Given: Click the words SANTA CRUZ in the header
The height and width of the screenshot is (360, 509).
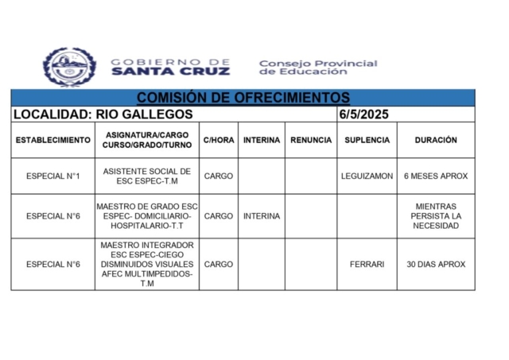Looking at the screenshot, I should pyautogui.click(x=170, y=71).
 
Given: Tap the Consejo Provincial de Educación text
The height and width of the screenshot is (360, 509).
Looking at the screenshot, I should pyautogui.click(x=317, y=67).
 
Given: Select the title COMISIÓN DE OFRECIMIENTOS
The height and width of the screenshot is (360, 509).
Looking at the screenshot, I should pyautogui.click(x=243, y=98).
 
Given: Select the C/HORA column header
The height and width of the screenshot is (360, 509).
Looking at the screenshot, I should pyautogui.click(x=219, y=140).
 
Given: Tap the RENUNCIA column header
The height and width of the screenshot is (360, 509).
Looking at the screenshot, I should pyautogui.click(x=311, y=140).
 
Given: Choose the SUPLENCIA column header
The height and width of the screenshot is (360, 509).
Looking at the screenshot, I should pyautogui.click(x=367, y=140).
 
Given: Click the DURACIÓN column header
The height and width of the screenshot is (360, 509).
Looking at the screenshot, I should pyautogui.click(x=436, y=140).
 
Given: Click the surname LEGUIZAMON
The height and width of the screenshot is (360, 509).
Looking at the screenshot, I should pyautogui.click(x=367, y=176).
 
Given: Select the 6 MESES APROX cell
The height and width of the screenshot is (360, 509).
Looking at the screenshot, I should pyautogui.click(x=436, y=176).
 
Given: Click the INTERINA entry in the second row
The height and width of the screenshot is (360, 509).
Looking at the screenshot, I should pyautogui.click(x=262, y=216).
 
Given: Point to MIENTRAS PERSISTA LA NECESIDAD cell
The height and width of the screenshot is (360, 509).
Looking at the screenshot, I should pyautogui.click(x=436, y=216).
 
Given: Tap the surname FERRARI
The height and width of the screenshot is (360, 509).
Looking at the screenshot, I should pyautogui.click(x=367, y=265).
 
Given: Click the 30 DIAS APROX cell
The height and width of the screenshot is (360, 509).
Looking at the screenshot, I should pyautogui.click(x=436, y=265).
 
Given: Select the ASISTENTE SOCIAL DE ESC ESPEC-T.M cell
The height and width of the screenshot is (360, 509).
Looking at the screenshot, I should pyautogui.click(x=147, y=176).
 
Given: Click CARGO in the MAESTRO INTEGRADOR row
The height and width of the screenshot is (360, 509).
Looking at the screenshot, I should pyautogui.click(x=219, y=265).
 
